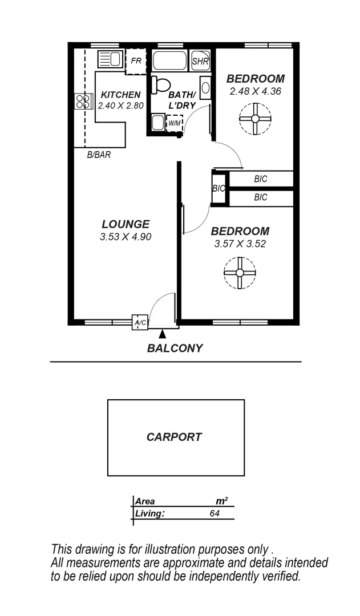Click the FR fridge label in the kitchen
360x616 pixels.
[x=136, y=60]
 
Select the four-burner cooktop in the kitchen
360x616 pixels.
[x=83, y=102]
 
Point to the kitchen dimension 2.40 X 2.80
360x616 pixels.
[x=120, y=106]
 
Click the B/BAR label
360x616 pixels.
[x=98, y=155]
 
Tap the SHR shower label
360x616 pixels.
[x=200, y=61]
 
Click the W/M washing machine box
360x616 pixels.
[x=174, y=123]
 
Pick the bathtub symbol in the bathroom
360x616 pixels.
[x=169, y=60]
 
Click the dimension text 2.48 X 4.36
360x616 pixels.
[x=255, y=91]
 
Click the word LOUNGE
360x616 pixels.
[x=126, y=224]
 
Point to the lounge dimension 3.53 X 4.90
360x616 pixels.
[x=126, y=237]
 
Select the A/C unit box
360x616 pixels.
[x=140, y=323]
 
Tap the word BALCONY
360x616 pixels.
[x=175, y=348]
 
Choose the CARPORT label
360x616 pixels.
[x=174, y=437]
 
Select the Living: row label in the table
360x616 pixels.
[x=150, y=513]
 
